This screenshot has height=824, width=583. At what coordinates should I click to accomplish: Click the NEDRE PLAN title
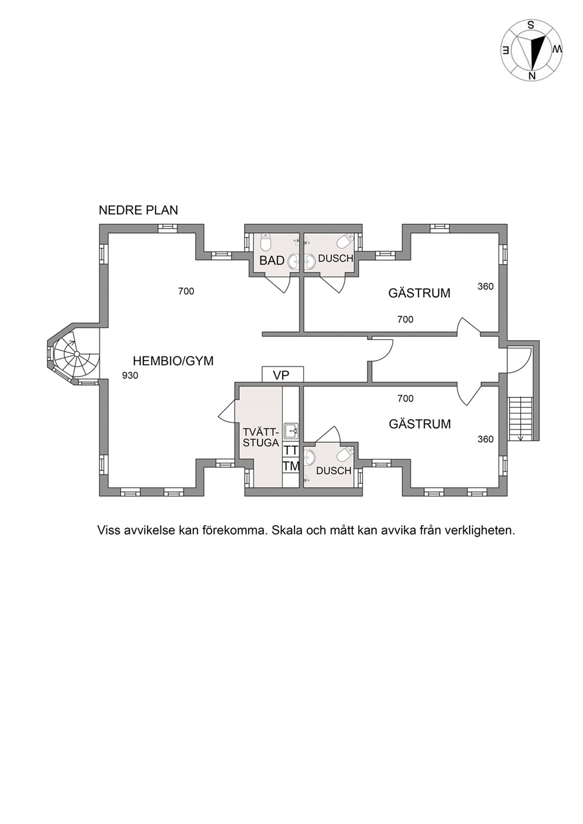click(x=138, y=210)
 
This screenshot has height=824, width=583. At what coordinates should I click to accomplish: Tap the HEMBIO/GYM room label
click(x=173, y=361)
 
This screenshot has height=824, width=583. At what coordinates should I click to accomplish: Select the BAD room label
click(x=272, y=260)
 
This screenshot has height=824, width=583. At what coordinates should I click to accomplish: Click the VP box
click(x=283, y=375)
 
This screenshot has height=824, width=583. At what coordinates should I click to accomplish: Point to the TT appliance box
click(x=291, y=450)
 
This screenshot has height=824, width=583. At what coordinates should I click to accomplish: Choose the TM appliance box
click(x=291, y=466)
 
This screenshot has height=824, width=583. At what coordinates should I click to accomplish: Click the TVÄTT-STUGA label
click(x=261, y=437)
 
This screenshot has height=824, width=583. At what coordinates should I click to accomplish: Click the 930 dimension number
click(x=130, y=375)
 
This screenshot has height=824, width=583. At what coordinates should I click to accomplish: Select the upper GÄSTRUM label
click(x=419, y=293)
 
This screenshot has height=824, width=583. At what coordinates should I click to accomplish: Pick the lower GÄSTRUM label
click(x=420, y=424)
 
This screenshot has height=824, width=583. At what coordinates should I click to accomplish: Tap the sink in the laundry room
click(x=291, y=431)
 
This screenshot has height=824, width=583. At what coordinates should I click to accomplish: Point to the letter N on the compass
click(x=531, y=75)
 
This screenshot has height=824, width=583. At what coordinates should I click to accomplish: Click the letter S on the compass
click(x=531, y=25)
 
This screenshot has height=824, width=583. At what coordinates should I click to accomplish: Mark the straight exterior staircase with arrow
click(x=521, y=419)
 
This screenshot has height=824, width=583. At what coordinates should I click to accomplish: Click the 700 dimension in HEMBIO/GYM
click(x=186, y=291)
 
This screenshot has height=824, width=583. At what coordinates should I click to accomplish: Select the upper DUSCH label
click(x=336, y=258)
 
